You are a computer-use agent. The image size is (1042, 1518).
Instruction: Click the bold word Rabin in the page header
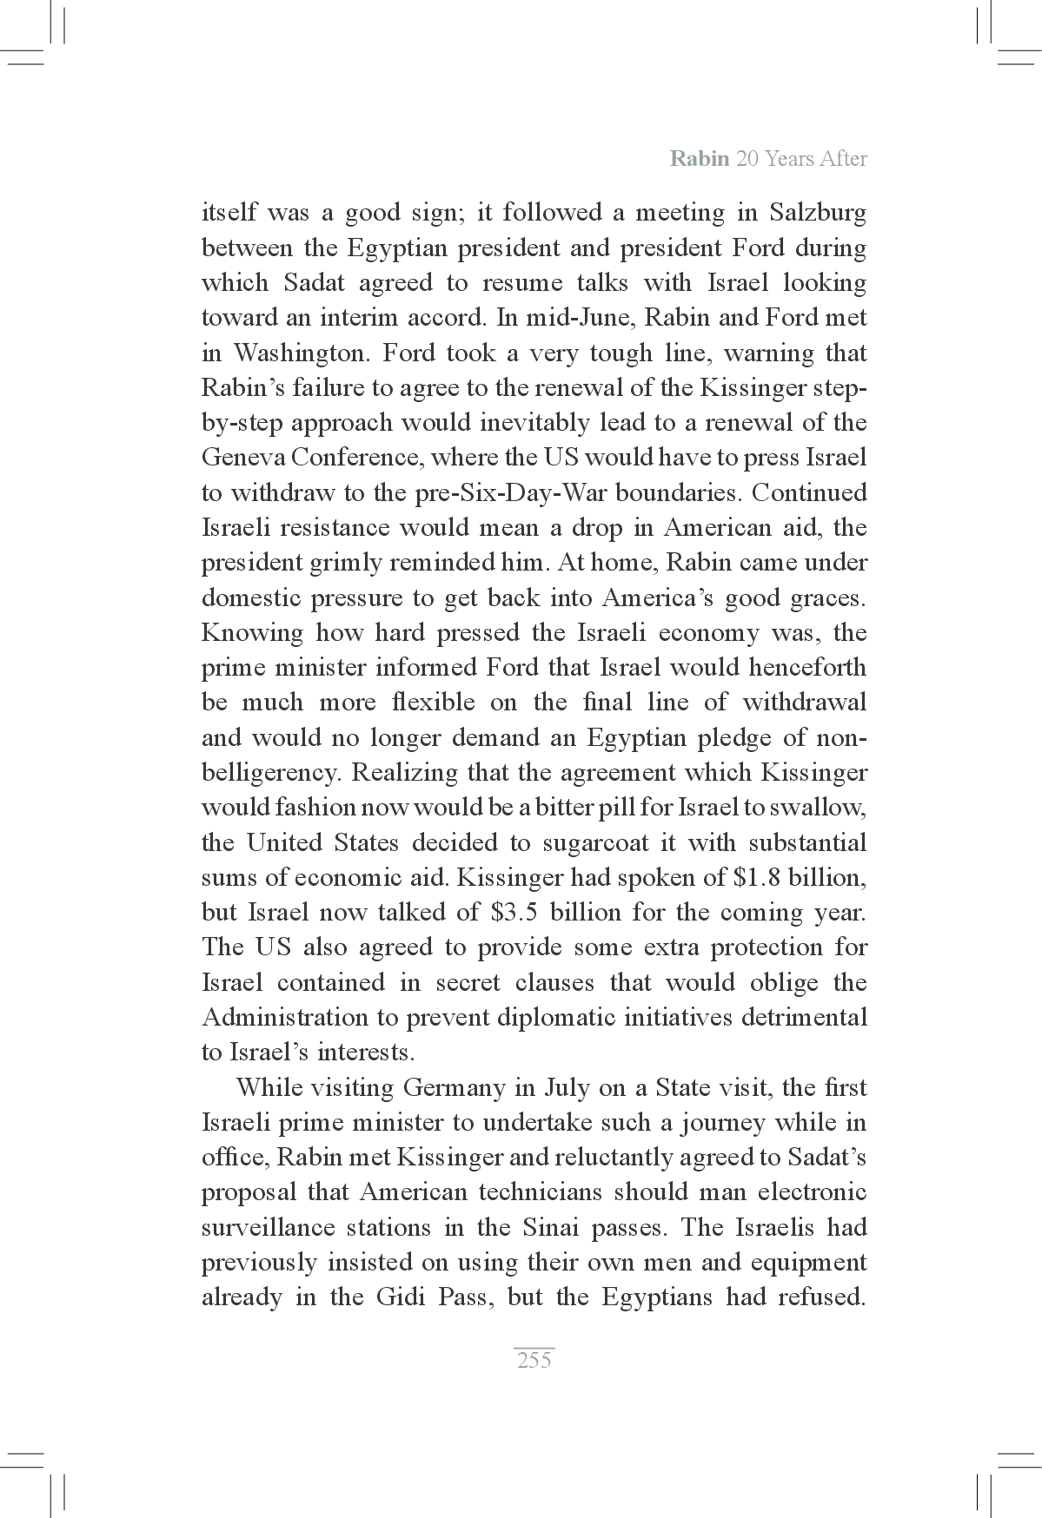[x=699, y=159]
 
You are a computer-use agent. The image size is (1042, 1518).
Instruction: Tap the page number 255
[x=534, y=1360]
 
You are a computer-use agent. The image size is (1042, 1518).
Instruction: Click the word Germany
[x=455, y=1087]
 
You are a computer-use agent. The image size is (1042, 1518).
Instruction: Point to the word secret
[x=468, y=982]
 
